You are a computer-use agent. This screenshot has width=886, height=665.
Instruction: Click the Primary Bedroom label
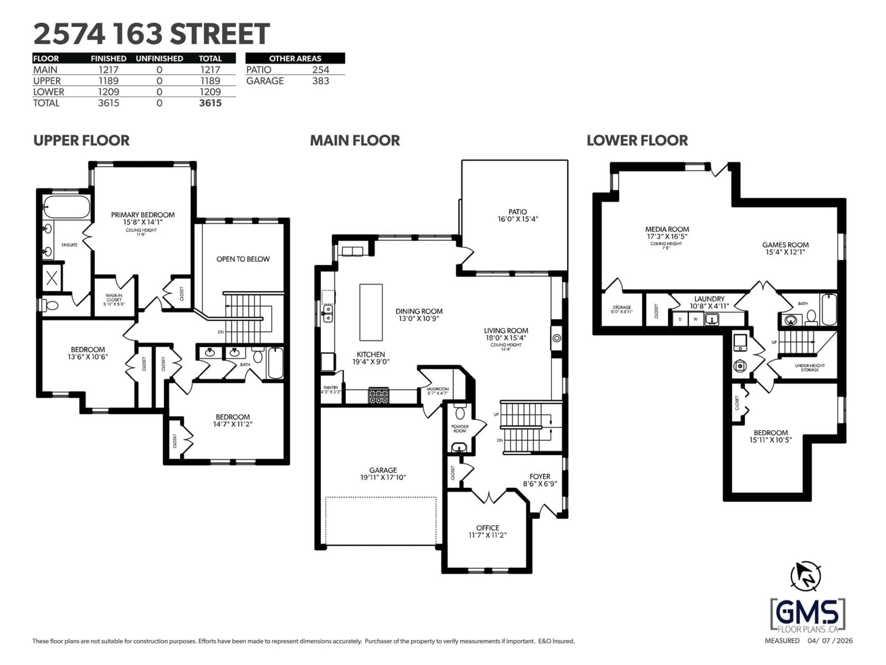point(143,215)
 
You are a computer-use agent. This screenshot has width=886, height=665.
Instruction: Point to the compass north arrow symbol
point(805,576)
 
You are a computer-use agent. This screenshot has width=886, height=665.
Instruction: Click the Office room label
point(488,528)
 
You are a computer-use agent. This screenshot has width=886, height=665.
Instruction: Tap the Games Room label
point(785,245)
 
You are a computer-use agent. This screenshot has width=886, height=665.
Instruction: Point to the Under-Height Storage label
point(809,368)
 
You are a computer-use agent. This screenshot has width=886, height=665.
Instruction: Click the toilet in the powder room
point(460,412)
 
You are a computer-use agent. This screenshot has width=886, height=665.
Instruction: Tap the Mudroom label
point(437,389)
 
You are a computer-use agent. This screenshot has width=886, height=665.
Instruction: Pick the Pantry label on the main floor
point(331,388)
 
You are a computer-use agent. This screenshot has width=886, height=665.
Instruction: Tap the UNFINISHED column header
point(159,58)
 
